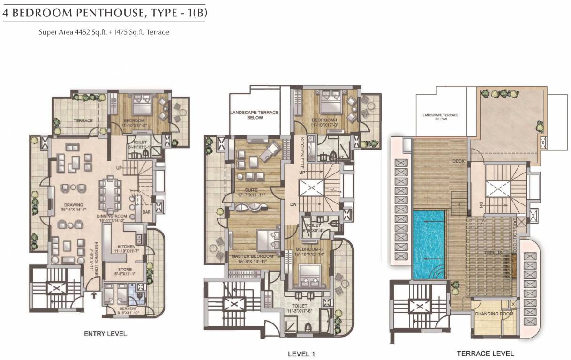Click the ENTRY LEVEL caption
click(x=105, y=334)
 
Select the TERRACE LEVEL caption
click(x=485, y=353)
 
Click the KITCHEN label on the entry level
click(x=126, y=246)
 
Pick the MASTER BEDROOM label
click(x=252, y=256)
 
